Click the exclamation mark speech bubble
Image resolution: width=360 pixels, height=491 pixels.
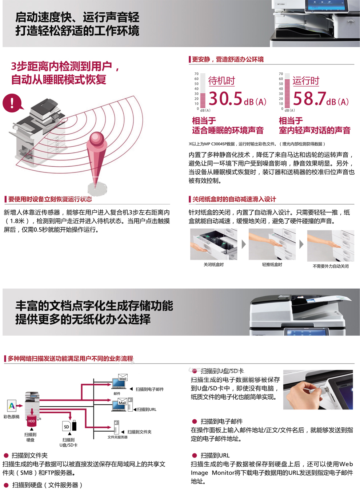tap(12, 103)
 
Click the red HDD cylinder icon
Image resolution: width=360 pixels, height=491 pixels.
tap(32, 420)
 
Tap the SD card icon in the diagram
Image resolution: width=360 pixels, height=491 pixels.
tap(66, 426)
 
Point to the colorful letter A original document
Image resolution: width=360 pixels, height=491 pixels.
tap(11, 406)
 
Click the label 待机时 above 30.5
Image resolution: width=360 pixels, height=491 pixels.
tap(221, 81)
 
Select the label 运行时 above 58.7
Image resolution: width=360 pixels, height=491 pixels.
tap(306, 81)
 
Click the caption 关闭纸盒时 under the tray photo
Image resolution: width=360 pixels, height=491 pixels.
tap(214, 265)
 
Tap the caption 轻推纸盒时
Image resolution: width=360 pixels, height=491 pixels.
tap(272, 265)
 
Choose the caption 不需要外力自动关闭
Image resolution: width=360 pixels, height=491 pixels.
tap(331, 266)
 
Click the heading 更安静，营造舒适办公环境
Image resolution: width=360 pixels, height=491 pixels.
tap(228, 59)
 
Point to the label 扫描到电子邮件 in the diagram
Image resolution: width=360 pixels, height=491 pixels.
tap(150, 389)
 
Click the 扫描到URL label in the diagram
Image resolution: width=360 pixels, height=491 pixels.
tap(147, 409)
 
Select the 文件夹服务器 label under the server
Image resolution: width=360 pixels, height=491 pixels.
tap(117, 437)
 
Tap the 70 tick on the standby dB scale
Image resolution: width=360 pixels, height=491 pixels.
tap(196, 74)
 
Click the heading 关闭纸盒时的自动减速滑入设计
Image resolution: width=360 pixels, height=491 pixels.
tap(234, 199)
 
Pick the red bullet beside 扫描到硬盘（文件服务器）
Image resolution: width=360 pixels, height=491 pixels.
tap(6, 486)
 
